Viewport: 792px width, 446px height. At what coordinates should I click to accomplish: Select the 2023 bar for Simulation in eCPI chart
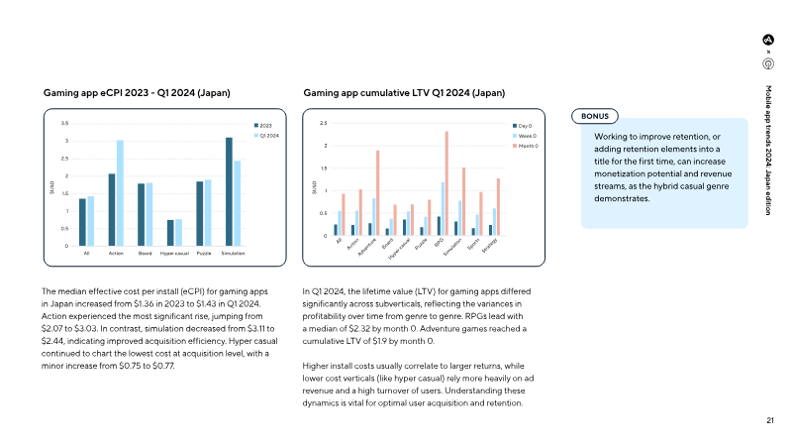coord(228,192)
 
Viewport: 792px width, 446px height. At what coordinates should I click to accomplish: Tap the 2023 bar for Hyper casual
coord(169,233)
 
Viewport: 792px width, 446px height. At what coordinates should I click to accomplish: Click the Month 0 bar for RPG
coord(446,183)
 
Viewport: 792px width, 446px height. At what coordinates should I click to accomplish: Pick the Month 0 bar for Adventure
coord(377,193)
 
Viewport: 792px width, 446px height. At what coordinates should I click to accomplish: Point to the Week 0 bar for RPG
coord(443,209)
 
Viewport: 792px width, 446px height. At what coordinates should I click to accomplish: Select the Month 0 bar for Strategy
coord(498,207)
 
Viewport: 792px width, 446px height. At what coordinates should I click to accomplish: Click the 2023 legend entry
coord(265,125)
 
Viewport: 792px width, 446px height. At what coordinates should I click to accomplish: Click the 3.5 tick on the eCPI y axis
coord(65,124)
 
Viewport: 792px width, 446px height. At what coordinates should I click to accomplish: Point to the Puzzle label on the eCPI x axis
coord(203,254)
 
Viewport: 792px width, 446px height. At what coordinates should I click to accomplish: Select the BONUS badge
coord(596,116)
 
